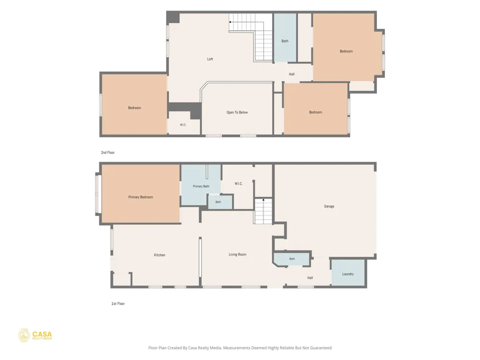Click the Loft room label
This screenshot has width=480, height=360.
tap(210, 59)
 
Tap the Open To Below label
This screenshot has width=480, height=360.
tap(237, 112)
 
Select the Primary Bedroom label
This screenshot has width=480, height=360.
tap(141, 197)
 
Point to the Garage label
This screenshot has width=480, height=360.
tap(329, 206)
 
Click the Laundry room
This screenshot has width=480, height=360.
tap(348, 273)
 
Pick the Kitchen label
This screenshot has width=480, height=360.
tap(159, 255)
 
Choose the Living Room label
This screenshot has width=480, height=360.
tap(238, 254)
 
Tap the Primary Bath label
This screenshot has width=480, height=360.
tap(201, 186)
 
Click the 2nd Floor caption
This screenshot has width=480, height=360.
tap(108, 153)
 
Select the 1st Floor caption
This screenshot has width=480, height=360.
tap(118, 304)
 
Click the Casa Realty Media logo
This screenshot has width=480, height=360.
tap(35, 336)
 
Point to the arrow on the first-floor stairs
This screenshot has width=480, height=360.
tap(263, 200)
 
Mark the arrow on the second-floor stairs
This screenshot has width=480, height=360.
tap(230, 22)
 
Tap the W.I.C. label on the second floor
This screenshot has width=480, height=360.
tap(183, 125)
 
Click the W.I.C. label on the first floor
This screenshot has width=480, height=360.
tap(239, 184)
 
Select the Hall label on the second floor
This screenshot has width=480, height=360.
tap(292, 74)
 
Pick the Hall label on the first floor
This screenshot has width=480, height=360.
tap(310, 278)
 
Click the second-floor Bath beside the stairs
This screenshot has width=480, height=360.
tap(285, 37)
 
